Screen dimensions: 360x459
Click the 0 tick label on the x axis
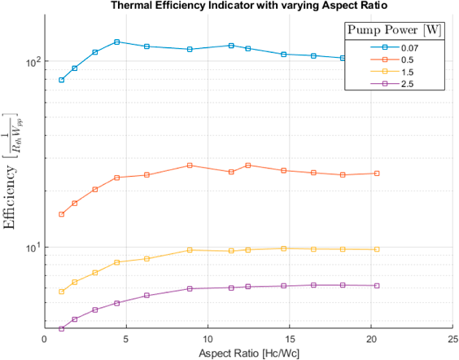click(44, 340)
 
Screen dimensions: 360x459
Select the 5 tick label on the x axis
click(126, 340)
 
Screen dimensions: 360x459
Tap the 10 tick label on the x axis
click(208, 340)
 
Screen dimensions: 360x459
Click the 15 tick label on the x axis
click(289, 340)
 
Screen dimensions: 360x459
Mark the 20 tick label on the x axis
click(371, 340)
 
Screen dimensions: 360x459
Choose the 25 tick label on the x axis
click(452, 340)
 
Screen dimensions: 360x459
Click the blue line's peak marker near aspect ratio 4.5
click(117, 42)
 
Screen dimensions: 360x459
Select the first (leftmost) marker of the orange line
click(61, 214)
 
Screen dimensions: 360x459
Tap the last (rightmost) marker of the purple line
click(376, 285)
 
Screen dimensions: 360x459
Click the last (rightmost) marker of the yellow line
click(376, 249)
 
